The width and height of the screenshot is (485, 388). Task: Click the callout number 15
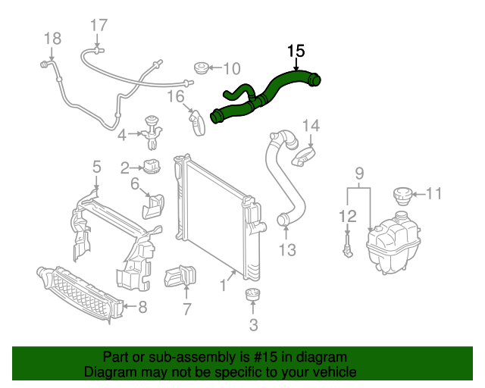point(296,51)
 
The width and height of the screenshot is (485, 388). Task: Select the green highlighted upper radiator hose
point(265,95)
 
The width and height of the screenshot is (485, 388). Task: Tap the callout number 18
point(52,39)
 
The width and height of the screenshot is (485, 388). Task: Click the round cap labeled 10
point(202,69)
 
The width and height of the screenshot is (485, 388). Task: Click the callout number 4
point(122,136)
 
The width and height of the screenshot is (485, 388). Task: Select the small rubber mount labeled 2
point(154,166)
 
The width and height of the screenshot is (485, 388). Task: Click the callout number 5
point(96,166)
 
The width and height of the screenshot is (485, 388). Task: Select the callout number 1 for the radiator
point(223,286)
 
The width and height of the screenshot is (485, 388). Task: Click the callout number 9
point(360,174)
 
